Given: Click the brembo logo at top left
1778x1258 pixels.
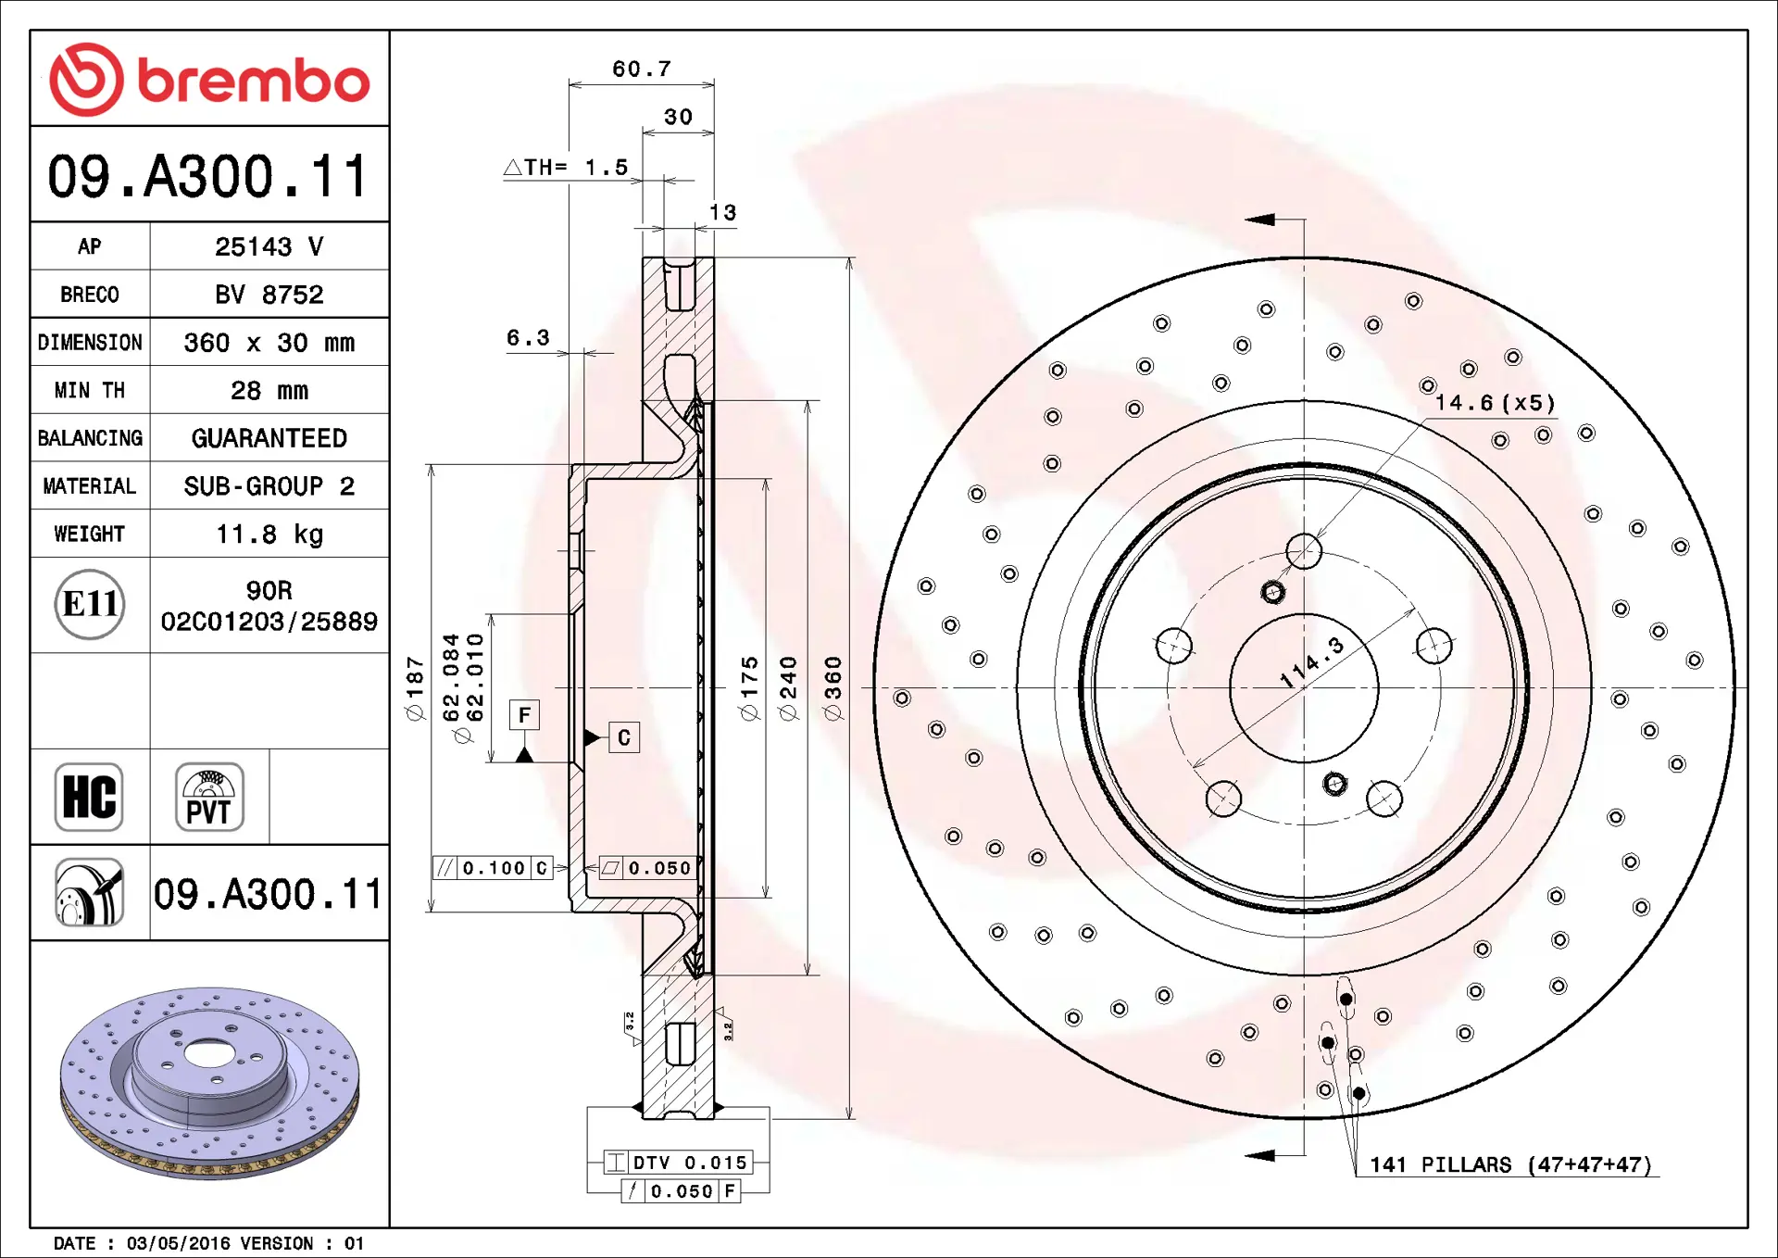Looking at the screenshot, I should click(209, 80).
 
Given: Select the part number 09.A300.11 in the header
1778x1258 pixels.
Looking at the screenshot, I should click(209, 176).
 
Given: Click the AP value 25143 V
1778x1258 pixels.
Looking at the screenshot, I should click(269, 246).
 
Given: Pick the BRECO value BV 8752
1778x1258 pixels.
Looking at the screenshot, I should click(269, 295).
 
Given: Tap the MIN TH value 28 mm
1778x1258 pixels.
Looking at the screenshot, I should click(269, 390).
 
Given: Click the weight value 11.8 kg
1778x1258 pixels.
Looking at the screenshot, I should click(269, 534).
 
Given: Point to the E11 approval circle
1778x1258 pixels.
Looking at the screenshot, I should click(89, 604).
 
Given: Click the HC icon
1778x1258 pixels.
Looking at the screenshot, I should click(89, 797).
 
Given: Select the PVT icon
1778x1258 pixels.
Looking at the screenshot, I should click(209, 797).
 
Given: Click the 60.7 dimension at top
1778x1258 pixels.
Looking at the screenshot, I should click(641, 69).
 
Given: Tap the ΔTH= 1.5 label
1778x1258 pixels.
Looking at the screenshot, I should click(566, 168).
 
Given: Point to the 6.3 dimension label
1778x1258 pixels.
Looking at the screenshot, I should click(528, 338).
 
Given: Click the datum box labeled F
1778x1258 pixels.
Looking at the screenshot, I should click(524, 715).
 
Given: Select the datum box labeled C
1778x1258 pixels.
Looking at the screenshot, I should click(624, 737).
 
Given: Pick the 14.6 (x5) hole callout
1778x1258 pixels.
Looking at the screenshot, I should click(1495, 403).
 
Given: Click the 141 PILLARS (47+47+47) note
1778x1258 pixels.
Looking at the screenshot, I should click(1510, 1164).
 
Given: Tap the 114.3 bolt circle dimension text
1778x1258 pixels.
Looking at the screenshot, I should click(1311, 662).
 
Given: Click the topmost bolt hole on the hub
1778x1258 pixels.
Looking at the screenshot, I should click(1304, 551).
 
